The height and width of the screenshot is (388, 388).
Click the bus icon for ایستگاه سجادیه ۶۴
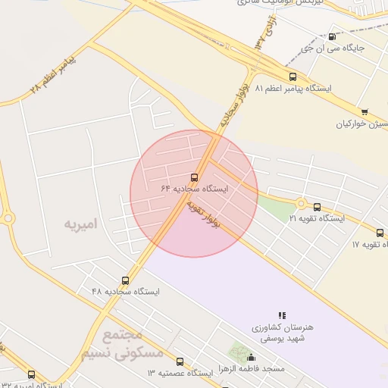point(195,177)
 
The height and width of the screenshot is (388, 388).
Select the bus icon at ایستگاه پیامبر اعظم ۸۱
point(293,77)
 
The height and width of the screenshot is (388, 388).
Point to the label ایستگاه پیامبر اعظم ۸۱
point(293,89)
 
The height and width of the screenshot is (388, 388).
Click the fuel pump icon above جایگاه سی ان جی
point(332,36)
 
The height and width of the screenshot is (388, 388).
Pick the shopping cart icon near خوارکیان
point(365,112)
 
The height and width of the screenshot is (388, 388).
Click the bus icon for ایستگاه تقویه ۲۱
point(317,207)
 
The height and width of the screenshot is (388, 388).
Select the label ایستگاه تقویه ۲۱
point(317,218)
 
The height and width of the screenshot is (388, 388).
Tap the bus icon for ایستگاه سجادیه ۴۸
point(125,280)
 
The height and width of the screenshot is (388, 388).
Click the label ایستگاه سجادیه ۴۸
point(125,292)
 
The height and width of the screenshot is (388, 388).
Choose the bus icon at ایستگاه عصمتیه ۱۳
point(180,362)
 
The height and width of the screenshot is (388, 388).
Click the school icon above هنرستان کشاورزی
point(282,314)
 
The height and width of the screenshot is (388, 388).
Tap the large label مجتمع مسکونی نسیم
point(121,344)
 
